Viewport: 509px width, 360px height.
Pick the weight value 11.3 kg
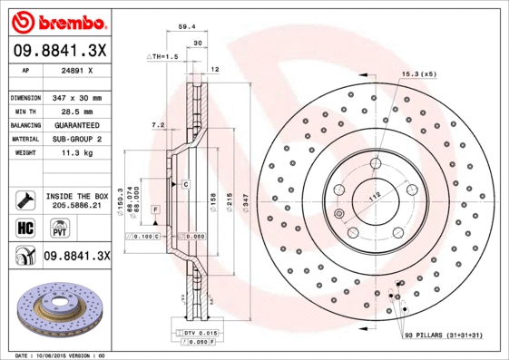pos(76,153)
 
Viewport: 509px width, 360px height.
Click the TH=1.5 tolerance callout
pos(163,56)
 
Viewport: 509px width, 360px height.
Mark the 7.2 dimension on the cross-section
pos(157,124)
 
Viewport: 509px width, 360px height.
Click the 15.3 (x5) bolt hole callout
pos(419,73)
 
